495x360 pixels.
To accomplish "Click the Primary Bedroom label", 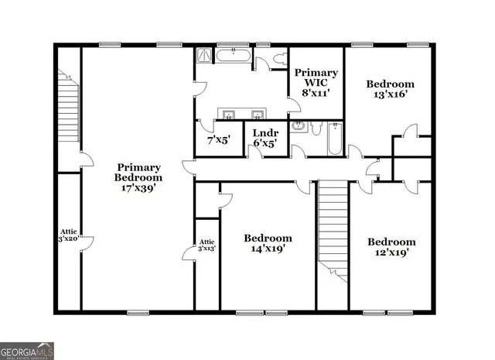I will [x=139, y=173].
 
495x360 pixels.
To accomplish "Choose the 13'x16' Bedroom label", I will [x=389, y=84].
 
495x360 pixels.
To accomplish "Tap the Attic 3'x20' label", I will [x=69, y=235].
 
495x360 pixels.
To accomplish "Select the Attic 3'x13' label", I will [x=207, y=245].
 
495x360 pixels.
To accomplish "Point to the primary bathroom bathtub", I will [x=232, y=55].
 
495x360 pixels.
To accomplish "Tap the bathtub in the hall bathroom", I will [x=334, y=140].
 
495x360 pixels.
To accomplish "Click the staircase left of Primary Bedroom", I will [x=69, y=108].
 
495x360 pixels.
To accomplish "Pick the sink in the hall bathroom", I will [x=301, y=127].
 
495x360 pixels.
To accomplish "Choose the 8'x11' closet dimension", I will [x=316, y=92].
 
